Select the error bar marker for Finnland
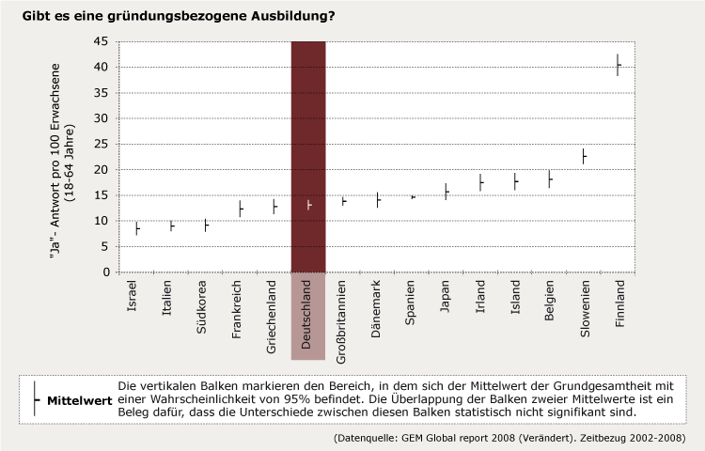pyautogui.click(x=618, y=65)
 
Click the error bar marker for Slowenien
pyautogui.click(x=584, y=156)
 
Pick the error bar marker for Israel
pyautogui.click(x=137, y=227)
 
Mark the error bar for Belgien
pyautogui.click(x=550, y=179)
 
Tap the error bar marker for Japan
pyautogui.click(x=446, y=192)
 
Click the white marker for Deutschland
pyautogui.click(x=309, y=205)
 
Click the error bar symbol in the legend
pyautogui.click(x=34, y=399)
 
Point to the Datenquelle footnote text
pyautogui.click(x=509, y=438)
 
